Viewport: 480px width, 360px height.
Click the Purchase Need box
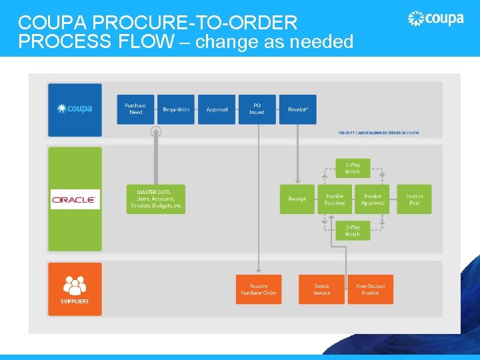pyautogui.click(x=135, y=109)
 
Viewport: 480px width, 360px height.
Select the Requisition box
pyautogui.click(x=176, y=109)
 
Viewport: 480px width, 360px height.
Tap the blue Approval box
pyautogui.click(x=217, y=109)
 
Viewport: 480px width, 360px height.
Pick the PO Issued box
pyautogui.click(x=257, y=109)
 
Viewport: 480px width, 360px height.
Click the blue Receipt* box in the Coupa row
pyautogui.click(x=297, y=109)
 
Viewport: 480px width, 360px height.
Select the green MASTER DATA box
pyautogui.click(x=155, y=199)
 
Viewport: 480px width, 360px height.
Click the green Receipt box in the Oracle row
pyautogui.click(x=297, y=199)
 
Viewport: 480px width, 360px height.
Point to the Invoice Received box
pyautogui.click(x=335, y=199)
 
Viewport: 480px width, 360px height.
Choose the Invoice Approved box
pyautogui.click(x=372, y=199)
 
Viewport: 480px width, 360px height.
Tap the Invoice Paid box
pyautogui.click(x=414, y=199)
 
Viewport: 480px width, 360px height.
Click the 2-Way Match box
pyautogui.click(x=353, y=168)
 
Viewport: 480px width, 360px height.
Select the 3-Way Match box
pyautogui.click(x=353, y=231)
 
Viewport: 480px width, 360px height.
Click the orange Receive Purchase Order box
pyautogui.click(x=258, y=289)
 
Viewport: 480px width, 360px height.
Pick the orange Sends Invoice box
pyautogui.click(x=321, y=289)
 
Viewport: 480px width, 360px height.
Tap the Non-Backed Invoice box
pyautogui.click(x=370, y=289)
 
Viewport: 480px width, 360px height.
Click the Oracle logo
pyautogui.click(x=75, y=199)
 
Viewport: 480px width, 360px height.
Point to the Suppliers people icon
pyautogui.click(x=75, y=285)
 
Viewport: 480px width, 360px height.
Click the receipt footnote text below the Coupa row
pyautogui.click(x=378, y=133)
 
